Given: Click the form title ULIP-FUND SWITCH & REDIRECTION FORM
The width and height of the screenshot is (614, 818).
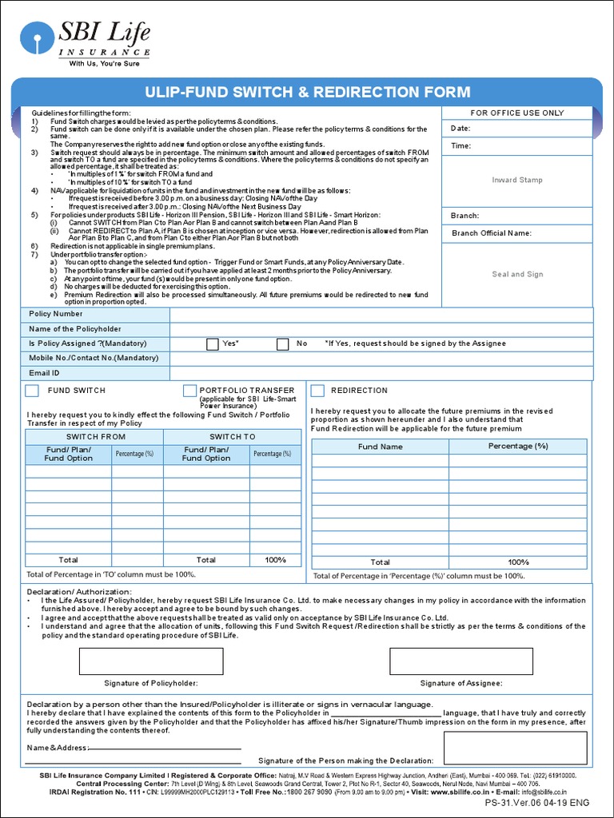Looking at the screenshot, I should [306, 92].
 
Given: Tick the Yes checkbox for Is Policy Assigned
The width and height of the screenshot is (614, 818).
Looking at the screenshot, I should [212, 344].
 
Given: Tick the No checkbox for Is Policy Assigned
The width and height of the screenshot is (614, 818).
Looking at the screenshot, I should [282, 344].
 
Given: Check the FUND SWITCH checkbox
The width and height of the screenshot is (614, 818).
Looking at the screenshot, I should [32, 391].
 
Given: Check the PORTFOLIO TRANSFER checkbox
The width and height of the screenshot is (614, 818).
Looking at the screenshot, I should [189, 391].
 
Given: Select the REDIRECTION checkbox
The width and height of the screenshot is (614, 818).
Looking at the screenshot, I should [317, 391].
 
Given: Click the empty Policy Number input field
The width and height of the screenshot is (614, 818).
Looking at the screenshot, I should [381, 315].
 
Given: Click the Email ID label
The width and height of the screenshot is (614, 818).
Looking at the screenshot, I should [45, 373].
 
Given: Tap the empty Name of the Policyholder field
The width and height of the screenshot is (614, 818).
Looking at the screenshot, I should [381, 329].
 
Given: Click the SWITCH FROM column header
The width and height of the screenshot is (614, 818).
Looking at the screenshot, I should [95, 437].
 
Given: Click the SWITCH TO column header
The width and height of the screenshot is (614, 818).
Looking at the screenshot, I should [232, 437].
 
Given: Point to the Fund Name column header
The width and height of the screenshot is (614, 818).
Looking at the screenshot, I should [380, 447].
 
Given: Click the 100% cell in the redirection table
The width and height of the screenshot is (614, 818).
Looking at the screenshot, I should [518, 562].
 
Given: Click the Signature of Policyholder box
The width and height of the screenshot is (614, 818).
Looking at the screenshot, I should [151, 661].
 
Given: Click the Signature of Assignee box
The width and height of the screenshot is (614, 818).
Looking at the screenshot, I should [461, 661].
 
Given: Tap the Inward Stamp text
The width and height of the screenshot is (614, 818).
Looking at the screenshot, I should [517, 181].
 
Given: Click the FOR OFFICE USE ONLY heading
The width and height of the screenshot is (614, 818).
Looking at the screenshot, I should [517, 113].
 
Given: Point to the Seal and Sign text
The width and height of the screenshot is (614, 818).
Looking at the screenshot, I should [517, 274].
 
